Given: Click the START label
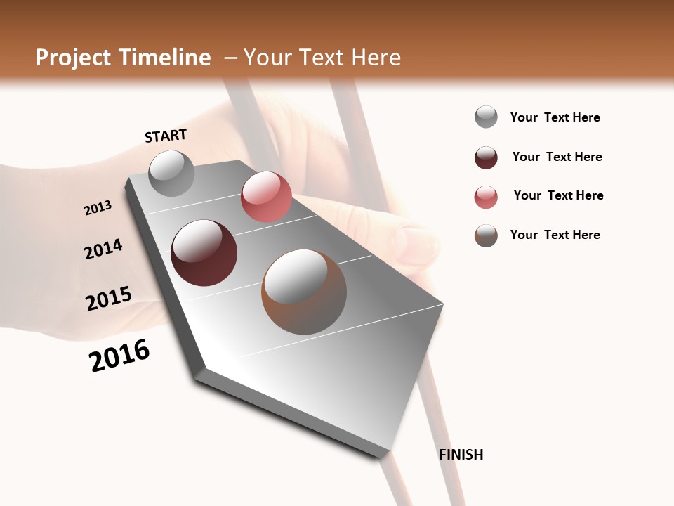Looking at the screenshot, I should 166,135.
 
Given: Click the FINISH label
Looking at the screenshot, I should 461,455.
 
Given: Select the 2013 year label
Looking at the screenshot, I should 98,207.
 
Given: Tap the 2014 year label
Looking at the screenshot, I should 103,249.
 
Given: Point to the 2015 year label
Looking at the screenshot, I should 109,299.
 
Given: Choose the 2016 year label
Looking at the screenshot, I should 119,356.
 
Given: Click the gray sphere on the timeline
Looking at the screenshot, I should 171,173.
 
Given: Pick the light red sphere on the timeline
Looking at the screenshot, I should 266,197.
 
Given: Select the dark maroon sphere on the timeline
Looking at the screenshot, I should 204,253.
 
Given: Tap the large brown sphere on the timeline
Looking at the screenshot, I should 304,292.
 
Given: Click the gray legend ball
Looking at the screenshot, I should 486,117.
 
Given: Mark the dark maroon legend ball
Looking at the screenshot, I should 486,157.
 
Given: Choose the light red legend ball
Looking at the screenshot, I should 486,197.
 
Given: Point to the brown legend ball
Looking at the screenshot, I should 486,235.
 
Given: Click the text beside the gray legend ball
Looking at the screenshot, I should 555,117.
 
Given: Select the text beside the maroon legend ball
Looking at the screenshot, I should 557,157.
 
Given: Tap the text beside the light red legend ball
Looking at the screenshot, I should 558,195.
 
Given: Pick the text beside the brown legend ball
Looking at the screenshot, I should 555,235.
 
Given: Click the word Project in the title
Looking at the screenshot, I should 72,58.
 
